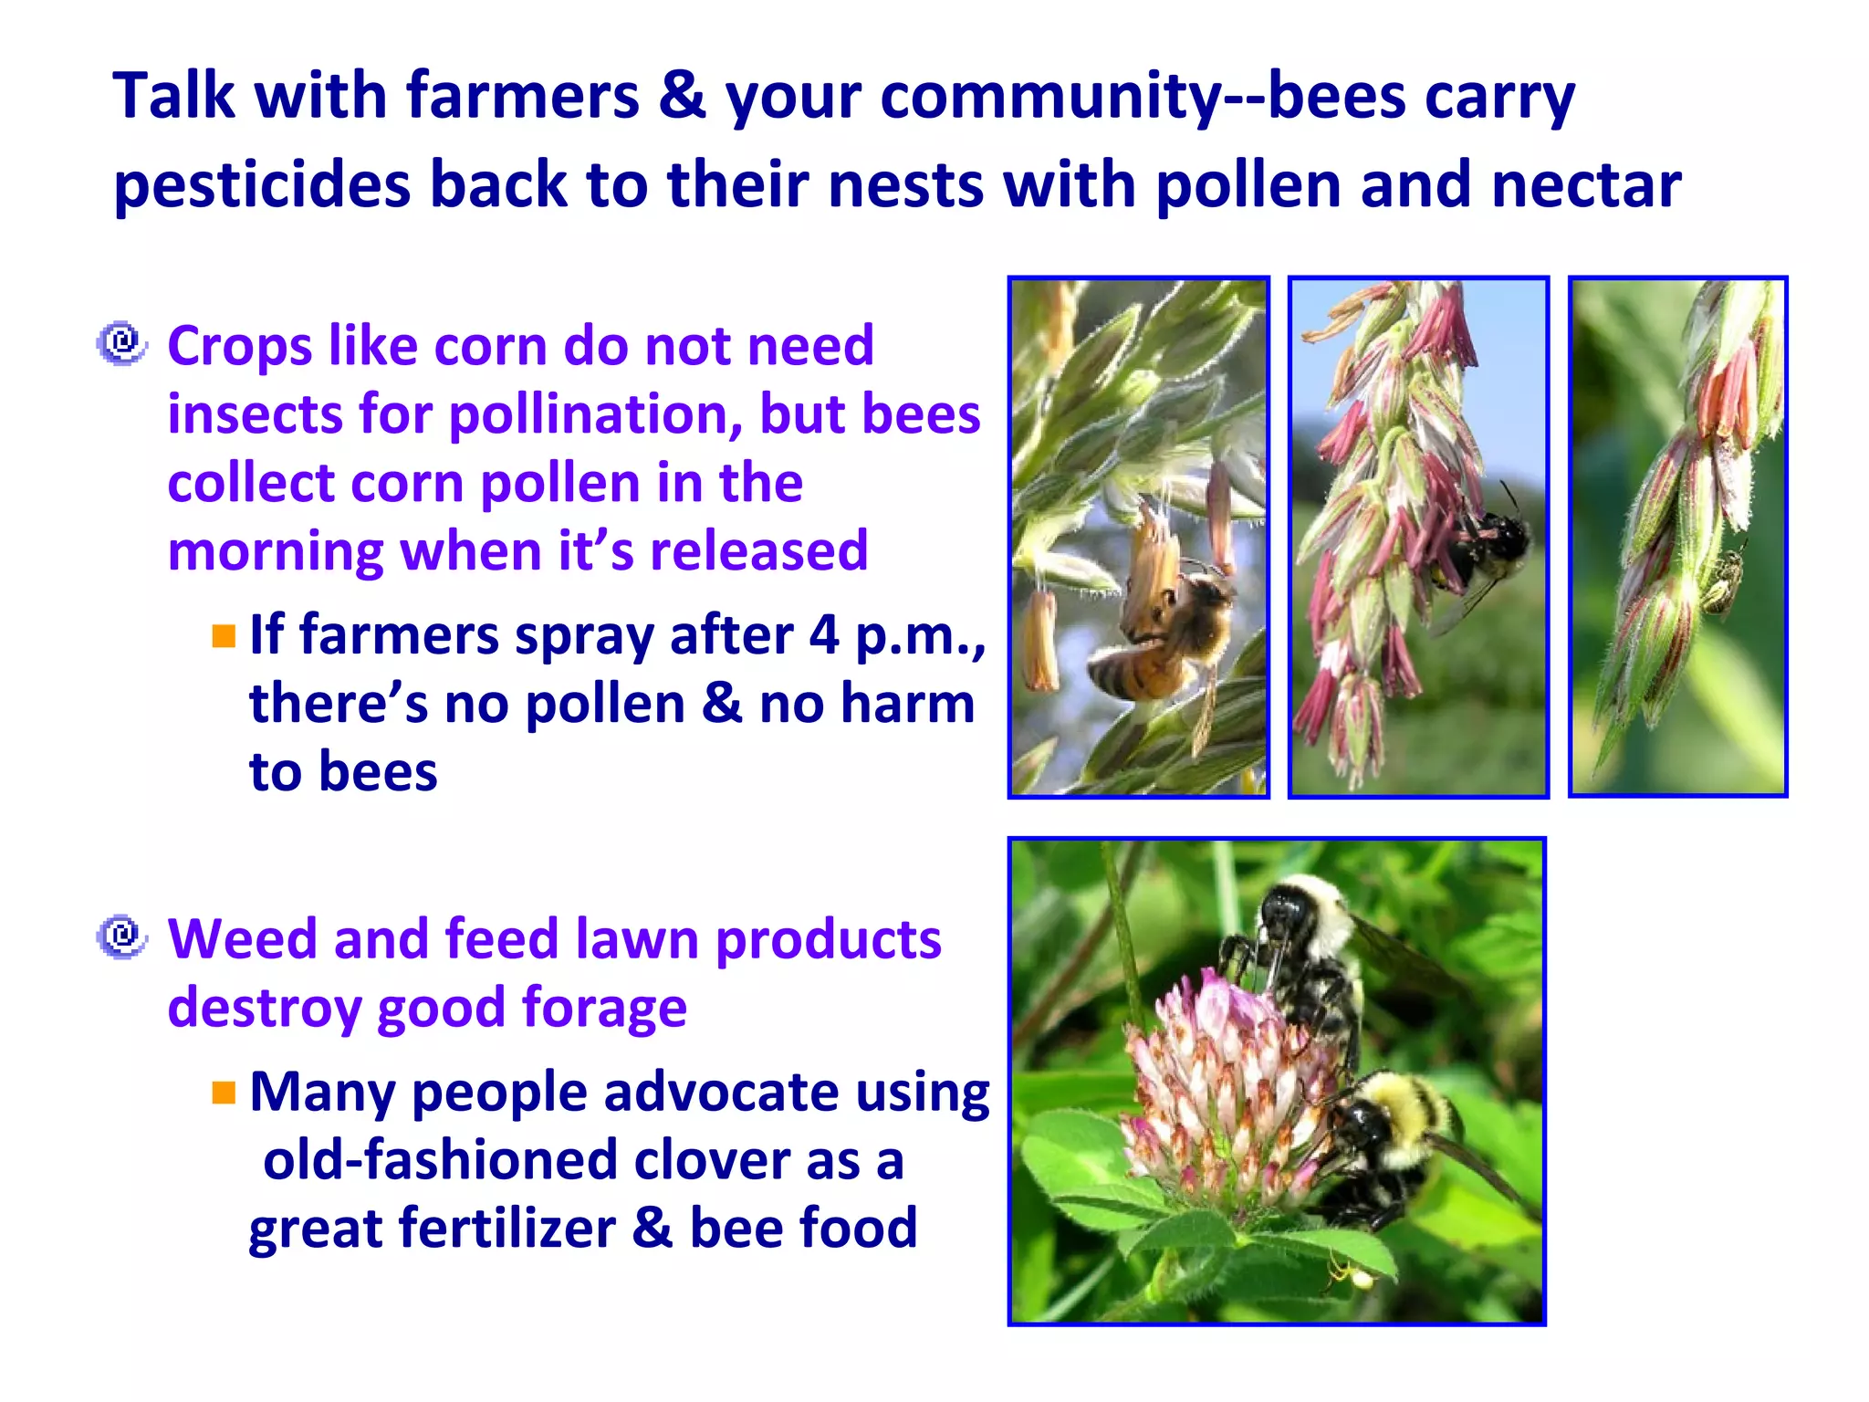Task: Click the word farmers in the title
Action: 522,96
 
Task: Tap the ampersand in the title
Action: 683,96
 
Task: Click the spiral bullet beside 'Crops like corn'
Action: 121,344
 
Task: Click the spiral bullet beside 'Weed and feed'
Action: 121,937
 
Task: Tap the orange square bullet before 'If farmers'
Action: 224,635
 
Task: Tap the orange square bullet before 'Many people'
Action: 224,1092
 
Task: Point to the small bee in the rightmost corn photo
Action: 1723,580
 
